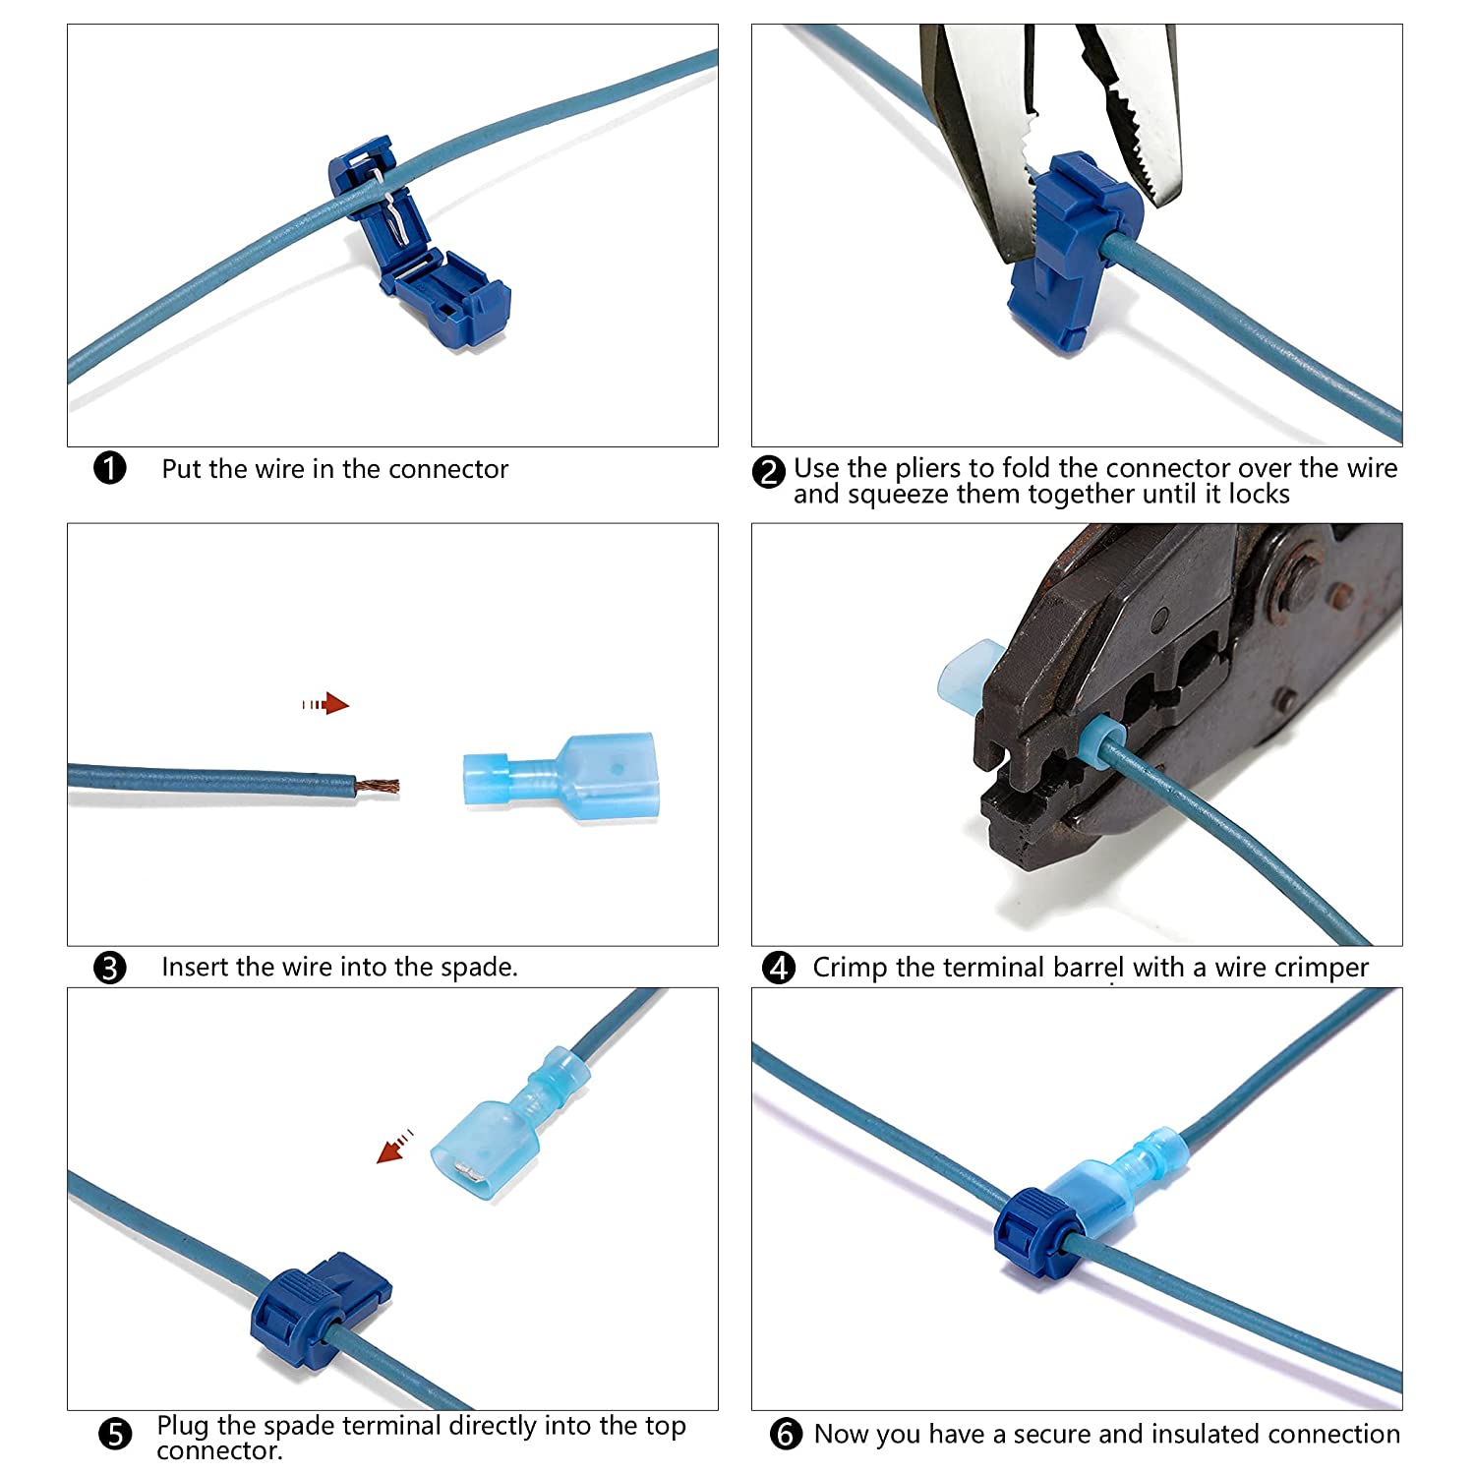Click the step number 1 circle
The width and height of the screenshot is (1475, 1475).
tap(110, 468)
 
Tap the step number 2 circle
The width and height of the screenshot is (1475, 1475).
tap(769, 472)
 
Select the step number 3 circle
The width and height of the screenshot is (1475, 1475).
tap(110, 968)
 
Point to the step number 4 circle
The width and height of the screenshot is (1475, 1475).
tap(779, 968)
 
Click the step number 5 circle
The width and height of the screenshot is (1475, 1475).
tap(115, 1435)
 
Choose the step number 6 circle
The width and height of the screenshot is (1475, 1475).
tap(785, 1435)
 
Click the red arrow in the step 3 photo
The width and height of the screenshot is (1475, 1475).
tap(326, 704)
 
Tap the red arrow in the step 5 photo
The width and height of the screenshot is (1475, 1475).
tap(395, 1147)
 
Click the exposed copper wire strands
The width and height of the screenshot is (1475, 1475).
tap(379, 787)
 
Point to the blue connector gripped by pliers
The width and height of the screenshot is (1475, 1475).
tap(1072, 251)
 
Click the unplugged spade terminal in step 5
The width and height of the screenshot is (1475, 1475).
tap(501, 1126)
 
